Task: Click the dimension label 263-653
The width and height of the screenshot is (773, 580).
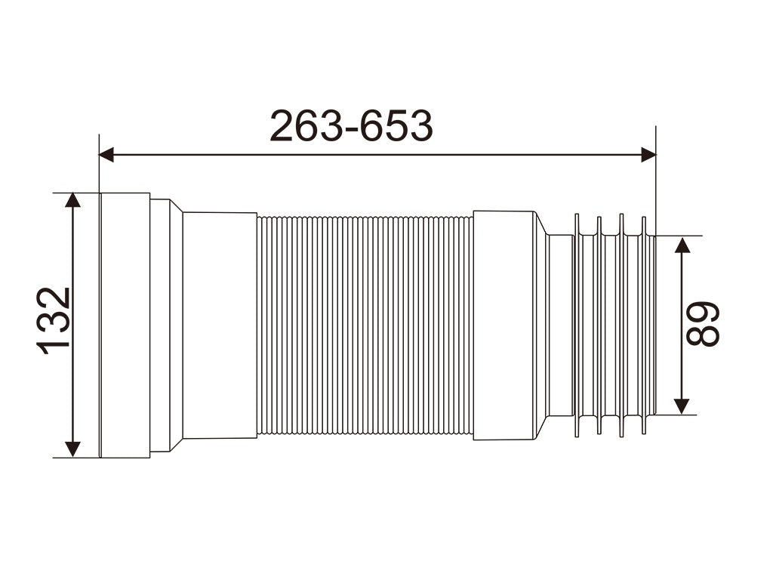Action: (352, 126)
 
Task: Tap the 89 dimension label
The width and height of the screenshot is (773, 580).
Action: (703, 323)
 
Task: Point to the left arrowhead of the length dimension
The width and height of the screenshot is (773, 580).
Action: (106, 154)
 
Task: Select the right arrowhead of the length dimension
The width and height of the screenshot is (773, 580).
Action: (648, 154)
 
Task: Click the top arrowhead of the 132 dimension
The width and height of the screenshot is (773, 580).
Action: (72, 200)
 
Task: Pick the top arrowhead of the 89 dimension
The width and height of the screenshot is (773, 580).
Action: (682, 245)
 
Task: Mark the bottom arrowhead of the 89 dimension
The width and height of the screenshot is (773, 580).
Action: (682, 406)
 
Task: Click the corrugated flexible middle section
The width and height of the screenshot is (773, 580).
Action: (365, 325)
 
